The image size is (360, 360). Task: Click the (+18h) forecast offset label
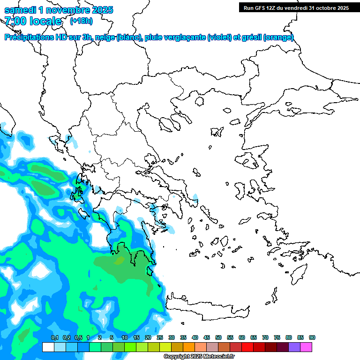coord(81,21)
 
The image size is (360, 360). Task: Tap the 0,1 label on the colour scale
coord(54,337)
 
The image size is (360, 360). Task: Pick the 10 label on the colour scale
coord(125,337)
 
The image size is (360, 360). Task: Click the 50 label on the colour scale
coord(218,337)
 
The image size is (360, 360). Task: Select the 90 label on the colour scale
coord(312,337)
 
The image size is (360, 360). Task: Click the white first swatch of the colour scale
coord(48,347)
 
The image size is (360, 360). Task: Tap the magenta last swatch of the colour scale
coord(306,347)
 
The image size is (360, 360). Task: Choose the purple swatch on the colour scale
coord(294,347)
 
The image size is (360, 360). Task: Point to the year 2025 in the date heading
coord(101,10)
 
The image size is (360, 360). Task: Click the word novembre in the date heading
coord(65,10)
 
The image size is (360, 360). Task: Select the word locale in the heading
coord(45,21)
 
